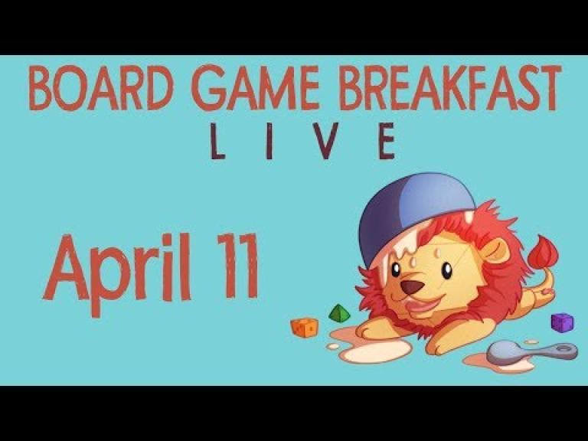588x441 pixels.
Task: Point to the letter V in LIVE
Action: point(325,141)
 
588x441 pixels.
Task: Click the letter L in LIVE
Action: point(217,141)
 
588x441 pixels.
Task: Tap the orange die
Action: point(305,327)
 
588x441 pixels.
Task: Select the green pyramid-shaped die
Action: point(339,314)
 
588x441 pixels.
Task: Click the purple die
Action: point(562,322)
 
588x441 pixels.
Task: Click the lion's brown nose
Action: point(412,287)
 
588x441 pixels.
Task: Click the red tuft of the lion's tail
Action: point(543,251)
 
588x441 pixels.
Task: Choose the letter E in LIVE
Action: point(387,141)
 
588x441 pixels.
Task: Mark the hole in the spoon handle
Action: point(562,349)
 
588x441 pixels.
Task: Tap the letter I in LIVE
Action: point(269,141)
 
